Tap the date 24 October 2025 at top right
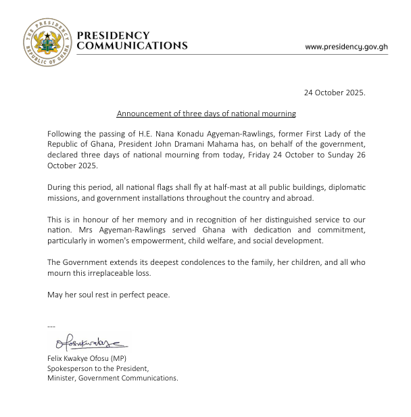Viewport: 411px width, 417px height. point(335,93)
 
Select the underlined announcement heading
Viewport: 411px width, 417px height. point(206,114)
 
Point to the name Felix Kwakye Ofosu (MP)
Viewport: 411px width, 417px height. point(87,358)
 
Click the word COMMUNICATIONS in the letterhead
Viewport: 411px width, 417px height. point(132,46)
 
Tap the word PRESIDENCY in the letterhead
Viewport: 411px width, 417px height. point(114,35)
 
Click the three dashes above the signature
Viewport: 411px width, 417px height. point(51,327)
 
